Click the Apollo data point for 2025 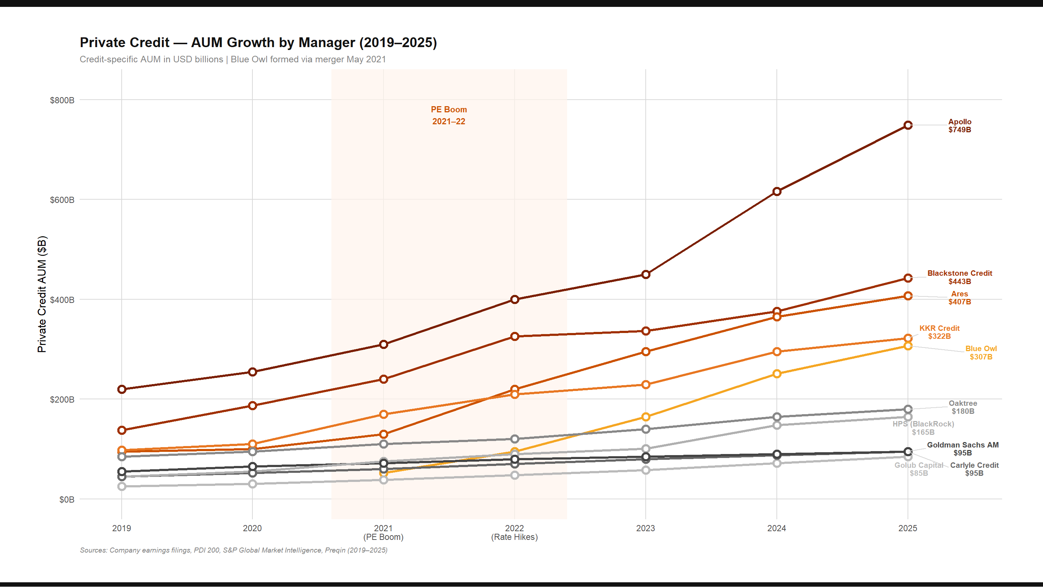[908, 125]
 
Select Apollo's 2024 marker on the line [776, 192]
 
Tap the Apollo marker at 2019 [121, 389]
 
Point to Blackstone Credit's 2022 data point [515, 337]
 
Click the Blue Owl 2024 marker [776, 374]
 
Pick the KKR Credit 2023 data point [646, 385]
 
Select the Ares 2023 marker [646, 351]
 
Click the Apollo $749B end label [960, 126]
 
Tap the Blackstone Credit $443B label [960, 278]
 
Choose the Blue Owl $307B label [981, 353]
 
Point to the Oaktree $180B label [963, 408]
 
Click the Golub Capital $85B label [919, 469]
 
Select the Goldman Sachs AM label [963, 449]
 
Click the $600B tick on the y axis [62, 200]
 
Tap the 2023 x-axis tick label [645, 528]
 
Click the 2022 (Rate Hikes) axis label [514, 533]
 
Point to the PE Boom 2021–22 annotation [449, 116]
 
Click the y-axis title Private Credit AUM [42, 294]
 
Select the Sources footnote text [234, 550]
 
